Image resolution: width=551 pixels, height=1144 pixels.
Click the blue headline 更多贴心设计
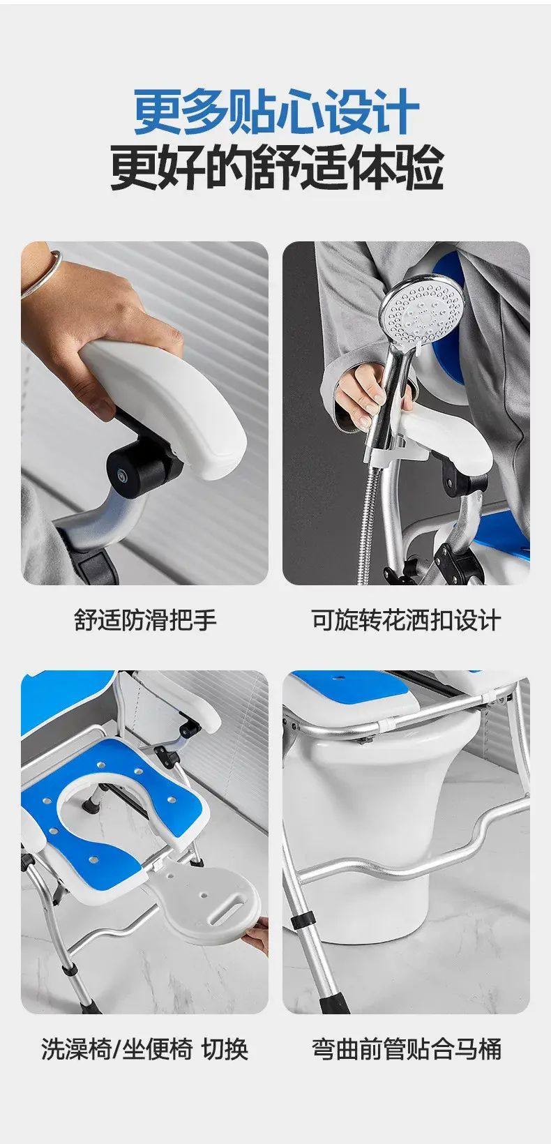(276, 112)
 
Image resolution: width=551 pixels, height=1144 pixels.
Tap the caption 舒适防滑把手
(146, 621)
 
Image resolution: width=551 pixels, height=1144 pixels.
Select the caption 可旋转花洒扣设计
(407, 621)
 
